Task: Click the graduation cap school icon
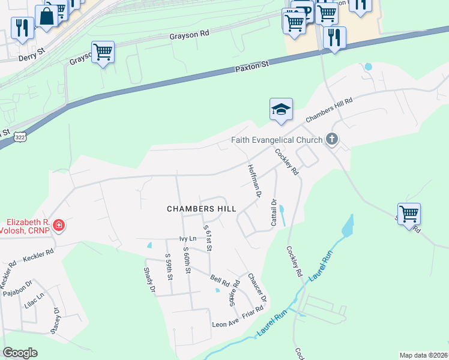281,109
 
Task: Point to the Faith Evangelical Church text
277,140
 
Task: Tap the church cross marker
331,140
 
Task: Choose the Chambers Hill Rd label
329,110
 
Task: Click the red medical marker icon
59,226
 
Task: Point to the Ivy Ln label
188,239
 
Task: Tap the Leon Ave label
226,324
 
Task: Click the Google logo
20,353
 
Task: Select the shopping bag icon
46,16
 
